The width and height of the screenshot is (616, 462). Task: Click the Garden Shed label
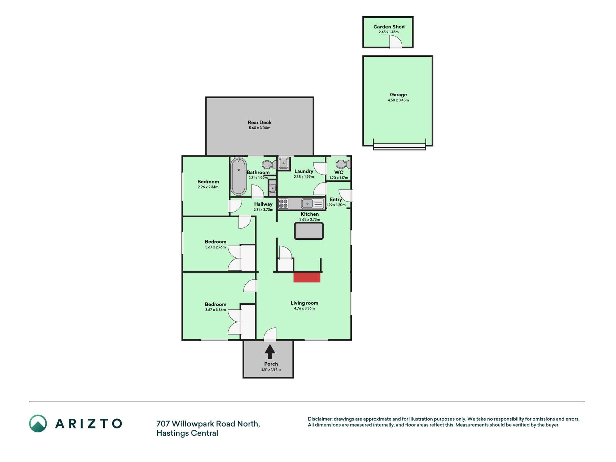pyautogui.click(x=389, y=27)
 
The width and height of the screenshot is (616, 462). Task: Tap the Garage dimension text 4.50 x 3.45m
pyautogui.click(x=398, y=100)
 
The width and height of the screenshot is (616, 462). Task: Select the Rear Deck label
pyautogui.click(x=259, y=122)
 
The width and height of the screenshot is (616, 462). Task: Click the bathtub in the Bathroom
pyautogui.click(x=238, y=176)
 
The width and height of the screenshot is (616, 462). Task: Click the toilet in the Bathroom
pyautogui.click(x=269, y=165)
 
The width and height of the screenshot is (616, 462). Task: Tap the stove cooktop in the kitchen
pyautogui.click(x=283, y=204)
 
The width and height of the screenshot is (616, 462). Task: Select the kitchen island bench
pyautogui.click(x=309, y=231)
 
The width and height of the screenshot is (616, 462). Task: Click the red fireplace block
pyautogui.click(x=307, y=277)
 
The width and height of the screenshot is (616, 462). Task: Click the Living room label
pyautogui.click(x=304, y=303)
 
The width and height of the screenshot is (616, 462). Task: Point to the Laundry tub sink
pyautogui.click(x=283, y=163)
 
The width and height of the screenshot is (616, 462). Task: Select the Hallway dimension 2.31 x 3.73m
pyautogui.click(x=263, y=210)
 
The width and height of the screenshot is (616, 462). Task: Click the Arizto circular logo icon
pyautogui.click(x=38, y=423)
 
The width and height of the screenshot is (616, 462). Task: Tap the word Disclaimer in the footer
pyautogui.click(x=320, y=419)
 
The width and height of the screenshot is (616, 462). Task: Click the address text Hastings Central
pyautogui.click(x=187, y=433)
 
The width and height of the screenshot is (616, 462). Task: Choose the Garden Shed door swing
pyautogui.click(x=396, y=42)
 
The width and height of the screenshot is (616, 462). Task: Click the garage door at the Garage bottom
pyautogui.click(x=399, y=146)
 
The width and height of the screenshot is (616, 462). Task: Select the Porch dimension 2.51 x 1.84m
pyautogui.click(x=271, y=370)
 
